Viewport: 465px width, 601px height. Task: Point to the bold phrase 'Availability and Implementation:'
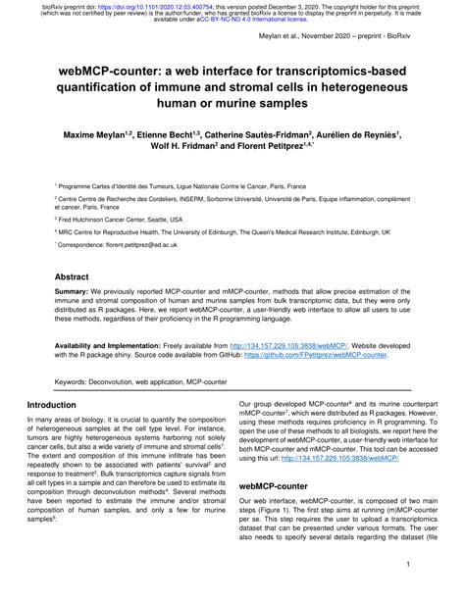[x=107, y=345]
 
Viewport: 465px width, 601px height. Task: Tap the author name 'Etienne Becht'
[x=171, y=129]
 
